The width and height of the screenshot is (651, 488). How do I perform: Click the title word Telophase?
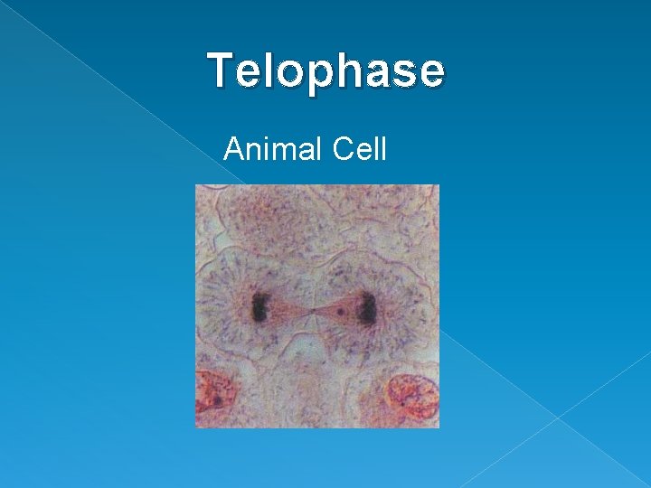coord(326,71)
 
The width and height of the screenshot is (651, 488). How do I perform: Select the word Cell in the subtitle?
coord(359,149)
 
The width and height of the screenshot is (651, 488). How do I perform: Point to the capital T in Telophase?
coord(218,70)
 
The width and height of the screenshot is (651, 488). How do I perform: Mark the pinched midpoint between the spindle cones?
coord(313,312)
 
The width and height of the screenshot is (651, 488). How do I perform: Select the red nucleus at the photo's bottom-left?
coord(213,398)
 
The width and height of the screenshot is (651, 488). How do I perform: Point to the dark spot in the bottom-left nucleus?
coord(217,399)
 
